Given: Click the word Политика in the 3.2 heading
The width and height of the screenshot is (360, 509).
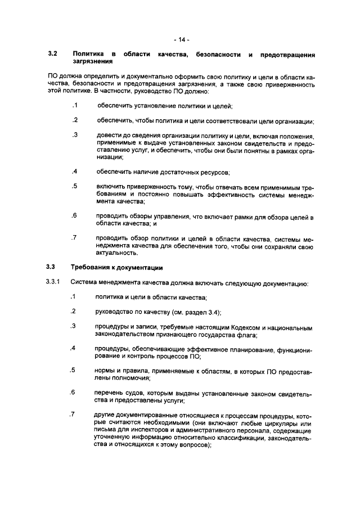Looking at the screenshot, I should tap(88, 54).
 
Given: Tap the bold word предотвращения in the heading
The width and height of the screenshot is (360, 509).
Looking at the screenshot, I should tap(287, 54).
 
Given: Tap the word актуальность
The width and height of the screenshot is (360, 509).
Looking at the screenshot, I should tap(117, 254).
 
